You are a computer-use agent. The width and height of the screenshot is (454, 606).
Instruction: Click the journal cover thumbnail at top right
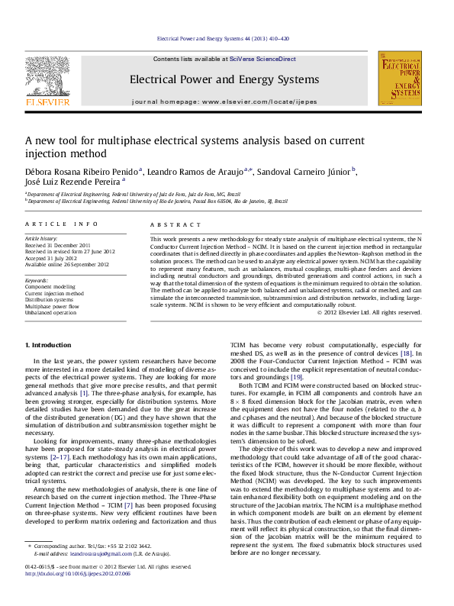[x=401, y=82]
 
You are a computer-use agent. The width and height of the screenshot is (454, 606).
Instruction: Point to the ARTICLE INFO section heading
[x=62, y=224]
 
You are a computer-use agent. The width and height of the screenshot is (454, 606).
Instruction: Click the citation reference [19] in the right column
[x=296, y=377]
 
